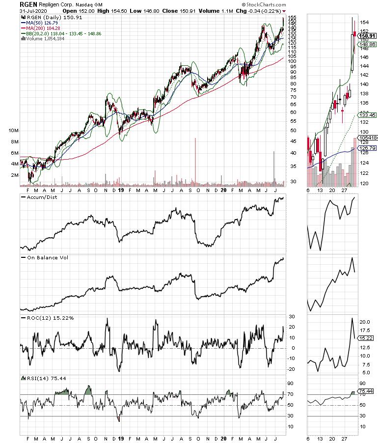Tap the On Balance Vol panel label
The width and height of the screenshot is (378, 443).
[x=43, y=257]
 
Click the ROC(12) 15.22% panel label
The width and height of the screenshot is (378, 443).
[x=48, y=318]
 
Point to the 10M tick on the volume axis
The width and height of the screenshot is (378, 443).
[x=14, y=131]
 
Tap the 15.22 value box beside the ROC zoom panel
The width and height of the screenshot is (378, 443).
[x=364, y=338]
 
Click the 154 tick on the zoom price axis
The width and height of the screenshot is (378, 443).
[x=363, y=23]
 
